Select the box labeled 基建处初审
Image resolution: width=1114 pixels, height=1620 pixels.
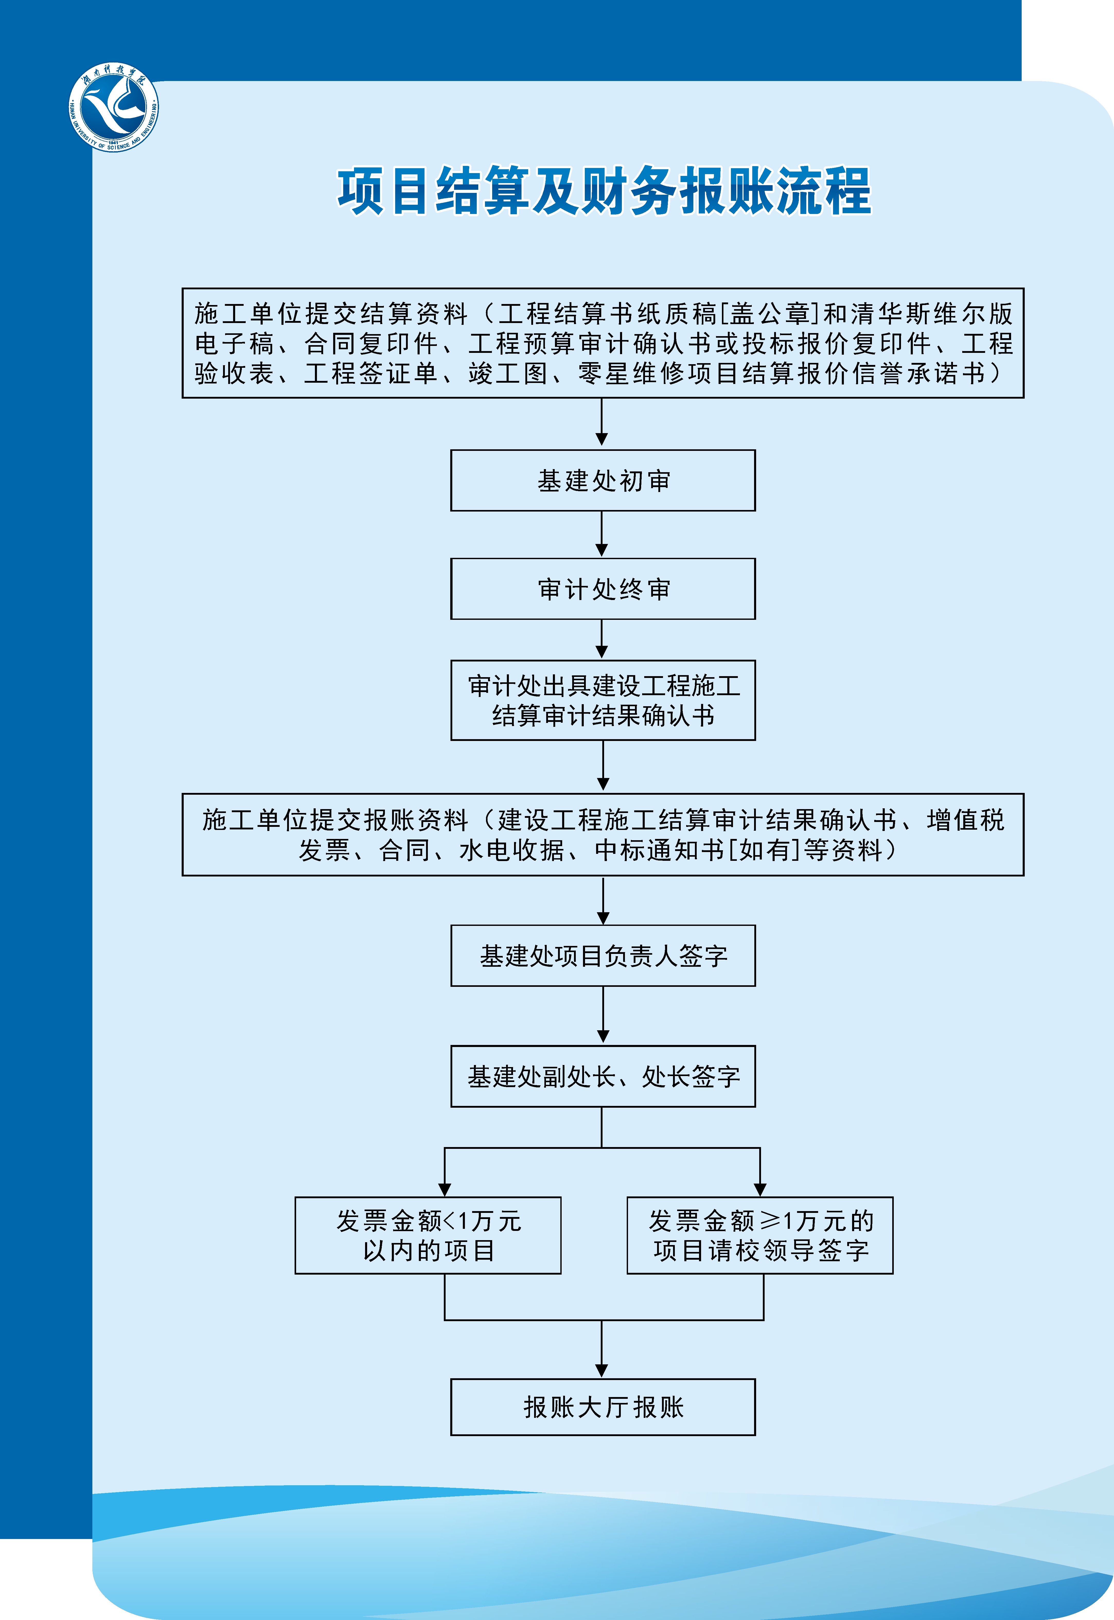pos(603,481)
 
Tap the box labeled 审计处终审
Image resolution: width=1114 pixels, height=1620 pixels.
pos(603,589)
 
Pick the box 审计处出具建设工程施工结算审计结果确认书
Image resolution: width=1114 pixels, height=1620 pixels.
pos(603,701)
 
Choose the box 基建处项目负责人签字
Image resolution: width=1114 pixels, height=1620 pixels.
pos(603,956)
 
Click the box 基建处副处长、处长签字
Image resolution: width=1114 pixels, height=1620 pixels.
pos(603,1077)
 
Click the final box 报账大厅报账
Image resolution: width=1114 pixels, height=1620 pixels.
pos(603,1407)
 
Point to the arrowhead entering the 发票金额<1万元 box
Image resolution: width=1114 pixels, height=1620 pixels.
pos(445,1189)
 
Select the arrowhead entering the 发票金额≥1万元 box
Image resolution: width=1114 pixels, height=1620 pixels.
pos(760,1189)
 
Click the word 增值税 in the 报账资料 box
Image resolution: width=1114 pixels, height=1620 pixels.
pos(965,820)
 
